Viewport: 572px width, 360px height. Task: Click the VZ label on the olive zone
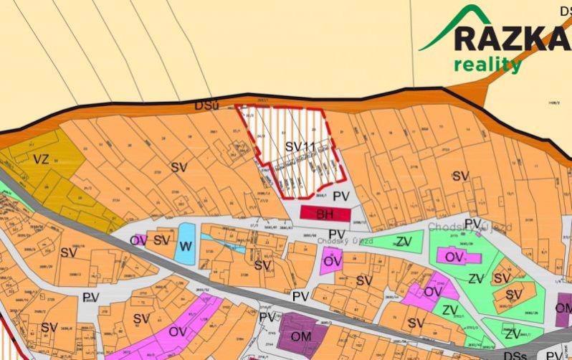pos(41,158)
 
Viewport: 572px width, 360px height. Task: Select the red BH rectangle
pos(325,214)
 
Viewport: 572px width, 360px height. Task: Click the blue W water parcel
pos(186,242)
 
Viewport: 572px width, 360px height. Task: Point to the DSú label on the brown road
pos(204,105)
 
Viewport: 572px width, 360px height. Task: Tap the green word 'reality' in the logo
pos(487,65)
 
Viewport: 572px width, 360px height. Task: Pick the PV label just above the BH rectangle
pos(342,195)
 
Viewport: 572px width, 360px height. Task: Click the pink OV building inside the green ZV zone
pos(452,257)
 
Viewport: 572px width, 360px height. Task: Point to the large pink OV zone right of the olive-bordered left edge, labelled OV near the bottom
pos(177,331)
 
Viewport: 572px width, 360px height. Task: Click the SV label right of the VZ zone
pos(179,167)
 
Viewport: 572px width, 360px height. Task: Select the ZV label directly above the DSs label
pos(512,334)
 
